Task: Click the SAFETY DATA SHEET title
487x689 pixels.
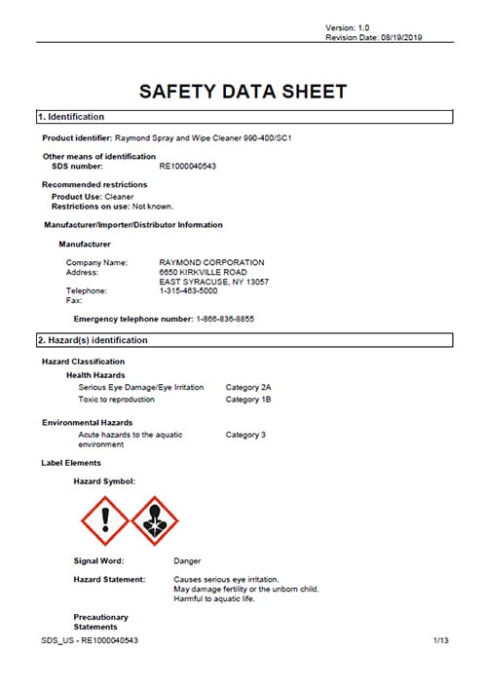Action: pos(243,92)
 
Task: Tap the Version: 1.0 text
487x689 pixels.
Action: pos(348,27)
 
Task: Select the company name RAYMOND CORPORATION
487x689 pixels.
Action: pos(210,262)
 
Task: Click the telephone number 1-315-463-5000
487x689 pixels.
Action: pos(188,290)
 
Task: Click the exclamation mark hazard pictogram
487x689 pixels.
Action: pos(103,520)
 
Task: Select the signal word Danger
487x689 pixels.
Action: pos(187,561)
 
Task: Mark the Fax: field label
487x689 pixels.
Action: pos(73,300)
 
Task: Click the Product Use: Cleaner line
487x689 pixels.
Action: pos(93,196)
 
